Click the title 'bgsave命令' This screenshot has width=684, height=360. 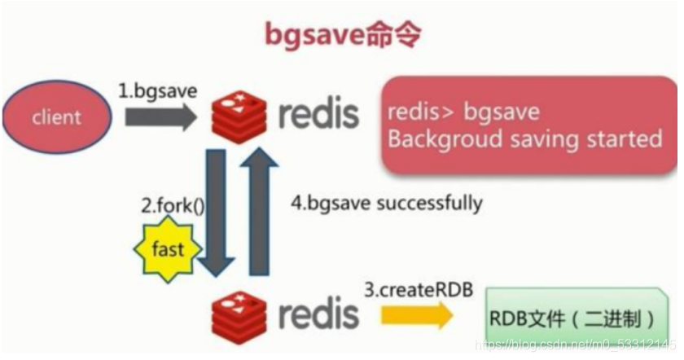pos(343,34)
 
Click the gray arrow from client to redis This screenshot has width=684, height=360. pos(160,117)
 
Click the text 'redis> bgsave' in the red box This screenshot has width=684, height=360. pos(463,112)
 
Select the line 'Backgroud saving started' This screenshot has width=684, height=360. pos(524,138)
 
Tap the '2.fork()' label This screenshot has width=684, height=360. pos(172,206)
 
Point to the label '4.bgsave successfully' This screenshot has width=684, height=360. pos(386,202)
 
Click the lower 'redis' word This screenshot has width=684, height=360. pos(318,314)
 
